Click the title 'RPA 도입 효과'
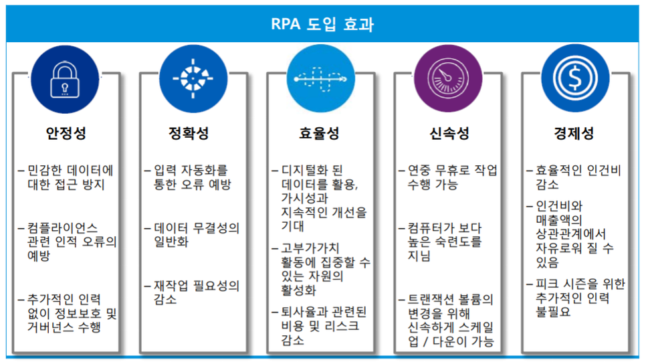coord(322,24)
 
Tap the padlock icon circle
coord(65,80)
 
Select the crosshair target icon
coord(193,79)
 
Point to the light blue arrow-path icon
coord(320,78)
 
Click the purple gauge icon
coord(448,78)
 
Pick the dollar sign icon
coord(575,78)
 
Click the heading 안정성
coord(66,133)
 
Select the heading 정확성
coord(189,133)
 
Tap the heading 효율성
coord(319,133)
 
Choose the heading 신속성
coord(449,133)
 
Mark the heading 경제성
coord(574,133)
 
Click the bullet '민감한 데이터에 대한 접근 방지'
coord(66,177)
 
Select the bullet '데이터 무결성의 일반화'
coord(192,235)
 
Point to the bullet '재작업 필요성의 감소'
coord(192,292)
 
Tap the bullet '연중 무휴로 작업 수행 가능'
coord(448,177)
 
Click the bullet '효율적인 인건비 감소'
coord(574,177)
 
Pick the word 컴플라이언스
coord(63,228)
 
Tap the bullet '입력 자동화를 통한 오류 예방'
coord(188,177)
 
